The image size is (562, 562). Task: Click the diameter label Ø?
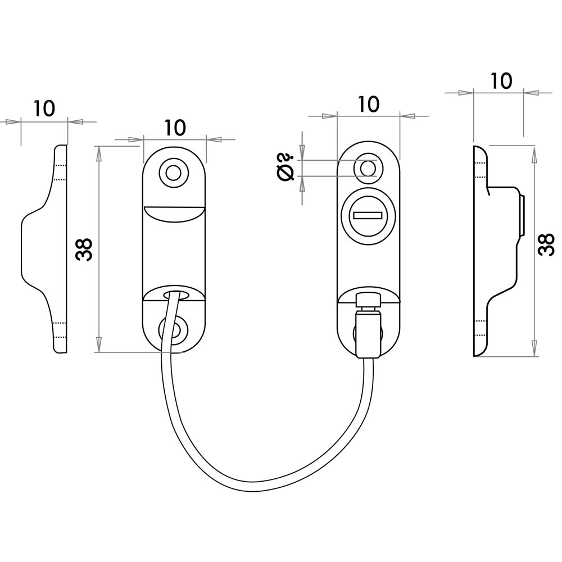click(x=286, y=167)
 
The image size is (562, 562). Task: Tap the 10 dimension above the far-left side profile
click(x=44, y=108)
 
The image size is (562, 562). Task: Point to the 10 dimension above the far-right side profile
click(x=501, y=81)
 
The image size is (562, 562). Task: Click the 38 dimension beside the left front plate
click(x=84, y=249)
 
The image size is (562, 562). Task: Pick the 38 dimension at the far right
click(x=546, y=244)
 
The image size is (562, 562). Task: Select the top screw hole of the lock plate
click(x=368, y=168)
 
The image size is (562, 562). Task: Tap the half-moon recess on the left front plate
click(x=174, y=214)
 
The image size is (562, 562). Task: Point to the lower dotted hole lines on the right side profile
click(x=481, y=327)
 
